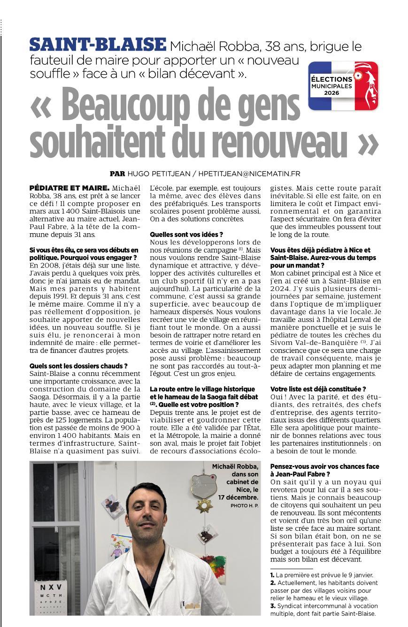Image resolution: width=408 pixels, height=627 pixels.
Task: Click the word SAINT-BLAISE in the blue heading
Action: [x=98, y=45]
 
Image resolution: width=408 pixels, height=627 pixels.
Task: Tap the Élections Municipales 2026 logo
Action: [x=344, y=85]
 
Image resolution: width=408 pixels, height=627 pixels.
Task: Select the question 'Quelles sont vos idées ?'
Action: [x=186, y=234]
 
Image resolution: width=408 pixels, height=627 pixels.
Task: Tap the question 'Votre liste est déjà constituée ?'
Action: [x=318, y=389]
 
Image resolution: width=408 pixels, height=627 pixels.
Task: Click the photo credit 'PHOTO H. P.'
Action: [x=244, y=505]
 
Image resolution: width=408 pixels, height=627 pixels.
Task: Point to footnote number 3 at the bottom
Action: [x=272, y=606]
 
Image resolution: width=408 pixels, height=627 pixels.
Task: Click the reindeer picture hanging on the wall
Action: [x=206, y=535]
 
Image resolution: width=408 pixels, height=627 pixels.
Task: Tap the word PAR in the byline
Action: [x=117, y=174]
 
